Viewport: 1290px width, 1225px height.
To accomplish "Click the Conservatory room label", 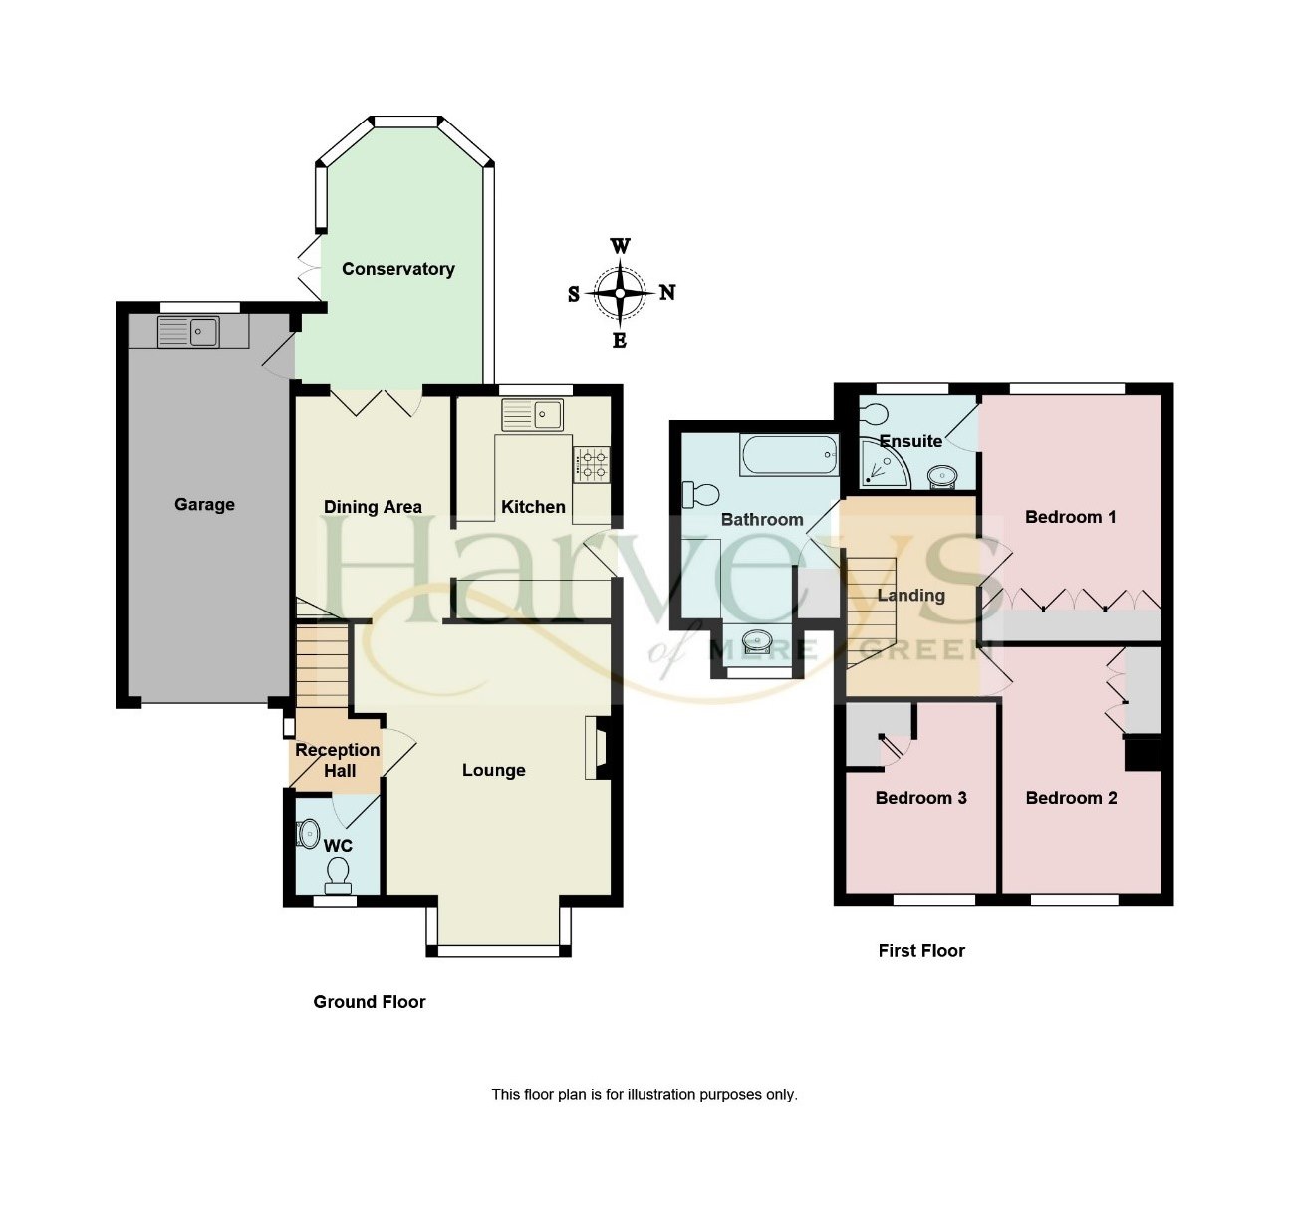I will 397,269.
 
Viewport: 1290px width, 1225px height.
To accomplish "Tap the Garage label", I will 204,504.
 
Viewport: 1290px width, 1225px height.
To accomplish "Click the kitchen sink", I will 532,414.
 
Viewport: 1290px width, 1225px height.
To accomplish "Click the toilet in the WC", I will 338,874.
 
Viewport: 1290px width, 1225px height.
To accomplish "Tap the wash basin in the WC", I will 308,833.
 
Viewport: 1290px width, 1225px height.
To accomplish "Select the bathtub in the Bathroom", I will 788,458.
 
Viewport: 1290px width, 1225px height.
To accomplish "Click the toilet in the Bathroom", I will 701,493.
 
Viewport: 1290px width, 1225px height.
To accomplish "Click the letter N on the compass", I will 667,292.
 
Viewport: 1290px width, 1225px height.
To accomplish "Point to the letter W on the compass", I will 620,246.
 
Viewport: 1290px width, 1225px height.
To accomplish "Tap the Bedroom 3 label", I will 920,798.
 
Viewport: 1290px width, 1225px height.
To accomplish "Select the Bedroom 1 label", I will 1070,517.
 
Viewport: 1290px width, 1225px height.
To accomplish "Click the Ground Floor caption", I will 369,1002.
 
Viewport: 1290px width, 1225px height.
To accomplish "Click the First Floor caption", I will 920,951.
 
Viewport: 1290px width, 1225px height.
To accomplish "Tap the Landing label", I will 910,596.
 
